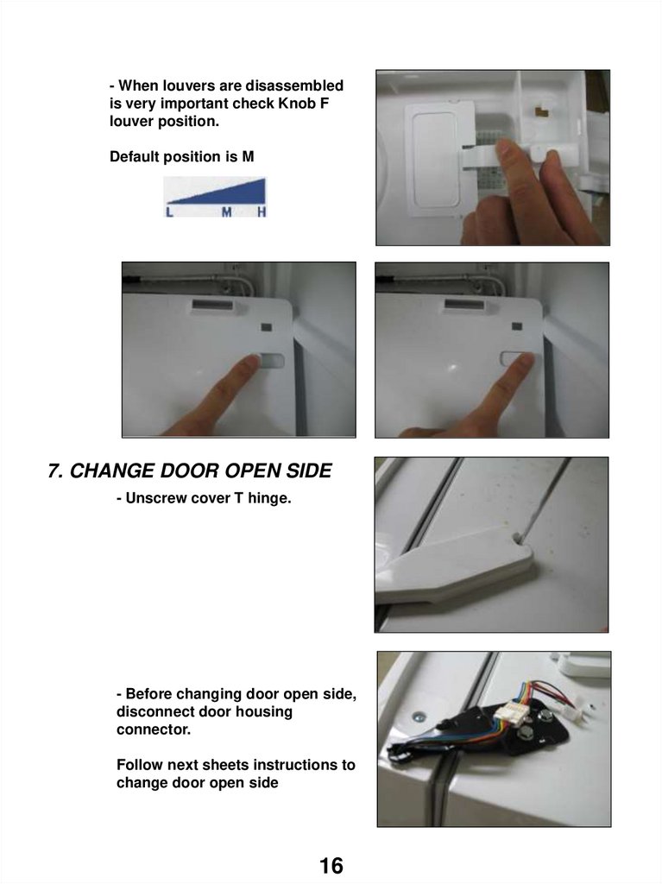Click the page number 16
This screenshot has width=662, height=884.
coord(331,865)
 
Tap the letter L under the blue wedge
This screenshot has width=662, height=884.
coord(169,212)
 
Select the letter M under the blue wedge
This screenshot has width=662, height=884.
coord(226,212)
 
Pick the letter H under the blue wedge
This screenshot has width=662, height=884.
coord(262,212)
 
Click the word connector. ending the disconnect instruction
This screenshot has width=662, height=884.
coord(154,729)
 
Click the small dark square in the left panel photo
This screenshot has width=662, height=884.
coord(266,326)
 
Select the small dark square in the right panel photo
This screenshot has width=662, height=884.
coord(516,325)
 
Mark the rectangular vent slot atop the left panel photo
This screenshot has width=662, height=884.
coord(212,305)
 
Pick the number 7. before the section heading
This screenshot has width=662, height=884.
coord(55,470)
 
